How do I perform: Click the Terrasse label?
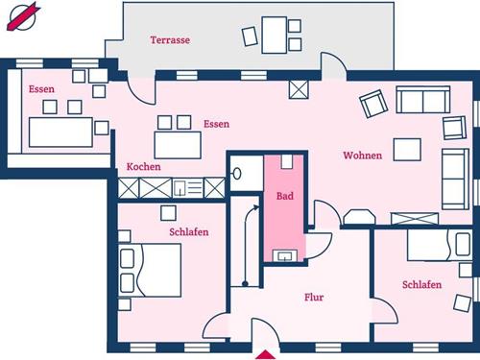tap(170, 40)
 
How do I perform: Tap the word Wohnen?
tap(363, 156)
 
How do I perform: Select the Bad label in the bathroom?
tap(285, 196)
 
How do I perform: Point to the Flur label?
tap(314, 298)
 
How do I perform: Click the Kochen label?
tap(143, 166)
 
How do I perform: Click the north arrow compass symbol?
tap(22, 17)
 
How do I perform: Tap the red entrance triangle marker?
tap(265, 355)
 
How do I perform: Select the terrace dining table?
tap(275, 36)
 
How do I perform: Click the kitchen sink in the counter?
tap(180, 188)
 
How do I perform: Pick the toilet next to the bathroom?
tap(237, 174)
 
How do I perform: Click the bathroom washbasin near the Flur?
tap(285, 256)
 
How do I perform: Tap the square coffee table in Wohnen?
tap(407, 150)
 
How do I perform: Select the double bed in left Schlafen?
tap(150, 271)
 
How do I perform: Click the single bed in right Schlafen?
tap(440, 245)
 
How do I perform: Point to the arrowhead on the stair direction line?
tap(256, 207)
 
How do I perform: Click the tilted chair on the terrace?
tap(250, 36)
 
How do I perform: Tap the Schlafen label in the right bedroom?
tap(421, 284)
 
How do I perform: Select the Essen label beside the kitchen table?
tap(217, 124)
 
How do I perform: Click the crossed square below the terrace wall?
tap(299, 89)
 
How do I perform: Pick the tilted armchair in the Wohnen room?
tap(373, 104)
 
